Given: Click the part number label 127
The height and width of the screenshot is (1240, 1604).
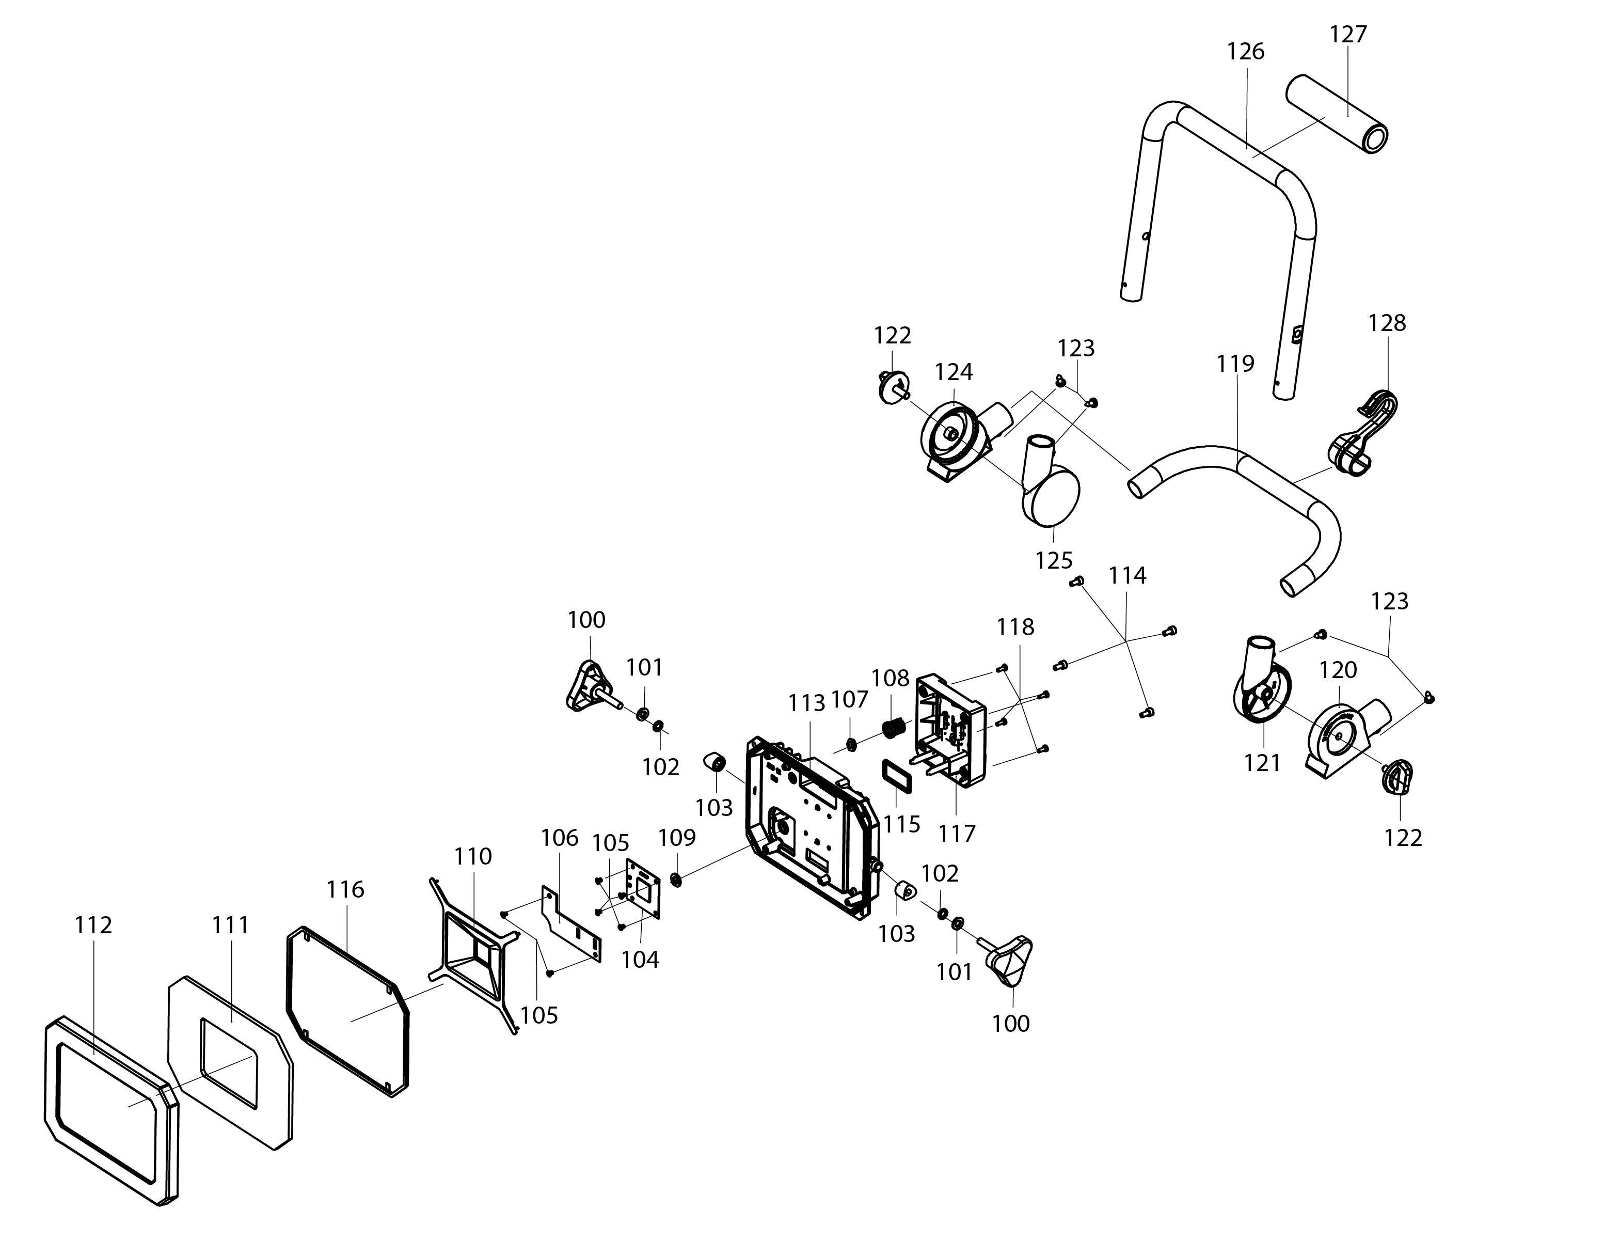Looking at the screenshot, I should coord(1348,35).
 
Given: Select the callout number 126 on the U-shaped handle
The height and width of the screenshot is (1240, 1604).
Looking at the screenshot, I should coord(1246,52).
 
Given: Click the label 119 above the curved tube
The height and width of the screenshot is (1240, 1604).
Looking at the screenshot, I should coord(1235,363).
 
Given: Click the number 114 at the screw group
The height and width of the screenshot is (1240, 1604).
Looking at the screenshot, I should coord(1127,575).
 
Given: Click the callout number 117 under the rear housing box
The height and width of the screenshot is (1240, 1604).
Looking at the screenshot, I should coord(957,833).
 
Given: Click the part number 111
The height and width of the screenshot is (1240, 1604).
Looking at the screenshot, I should coord(231,925).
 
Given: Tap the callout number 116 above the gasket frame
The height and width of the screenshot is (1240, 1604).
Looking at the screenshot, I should coord(345,890).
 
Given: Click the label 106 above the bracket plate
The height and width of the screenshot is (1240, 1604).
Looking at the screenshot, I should coord(560,838).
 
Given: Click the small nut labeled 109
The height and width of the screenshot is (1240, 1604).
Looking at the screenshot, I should coord(676,880).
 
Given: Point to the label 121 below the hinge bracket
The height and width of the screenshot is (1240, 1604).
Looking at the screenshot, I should coord(1262,763).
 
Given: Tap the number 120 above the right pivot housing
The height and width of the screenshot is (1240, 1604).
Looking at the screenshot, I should coord(1338,669).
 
